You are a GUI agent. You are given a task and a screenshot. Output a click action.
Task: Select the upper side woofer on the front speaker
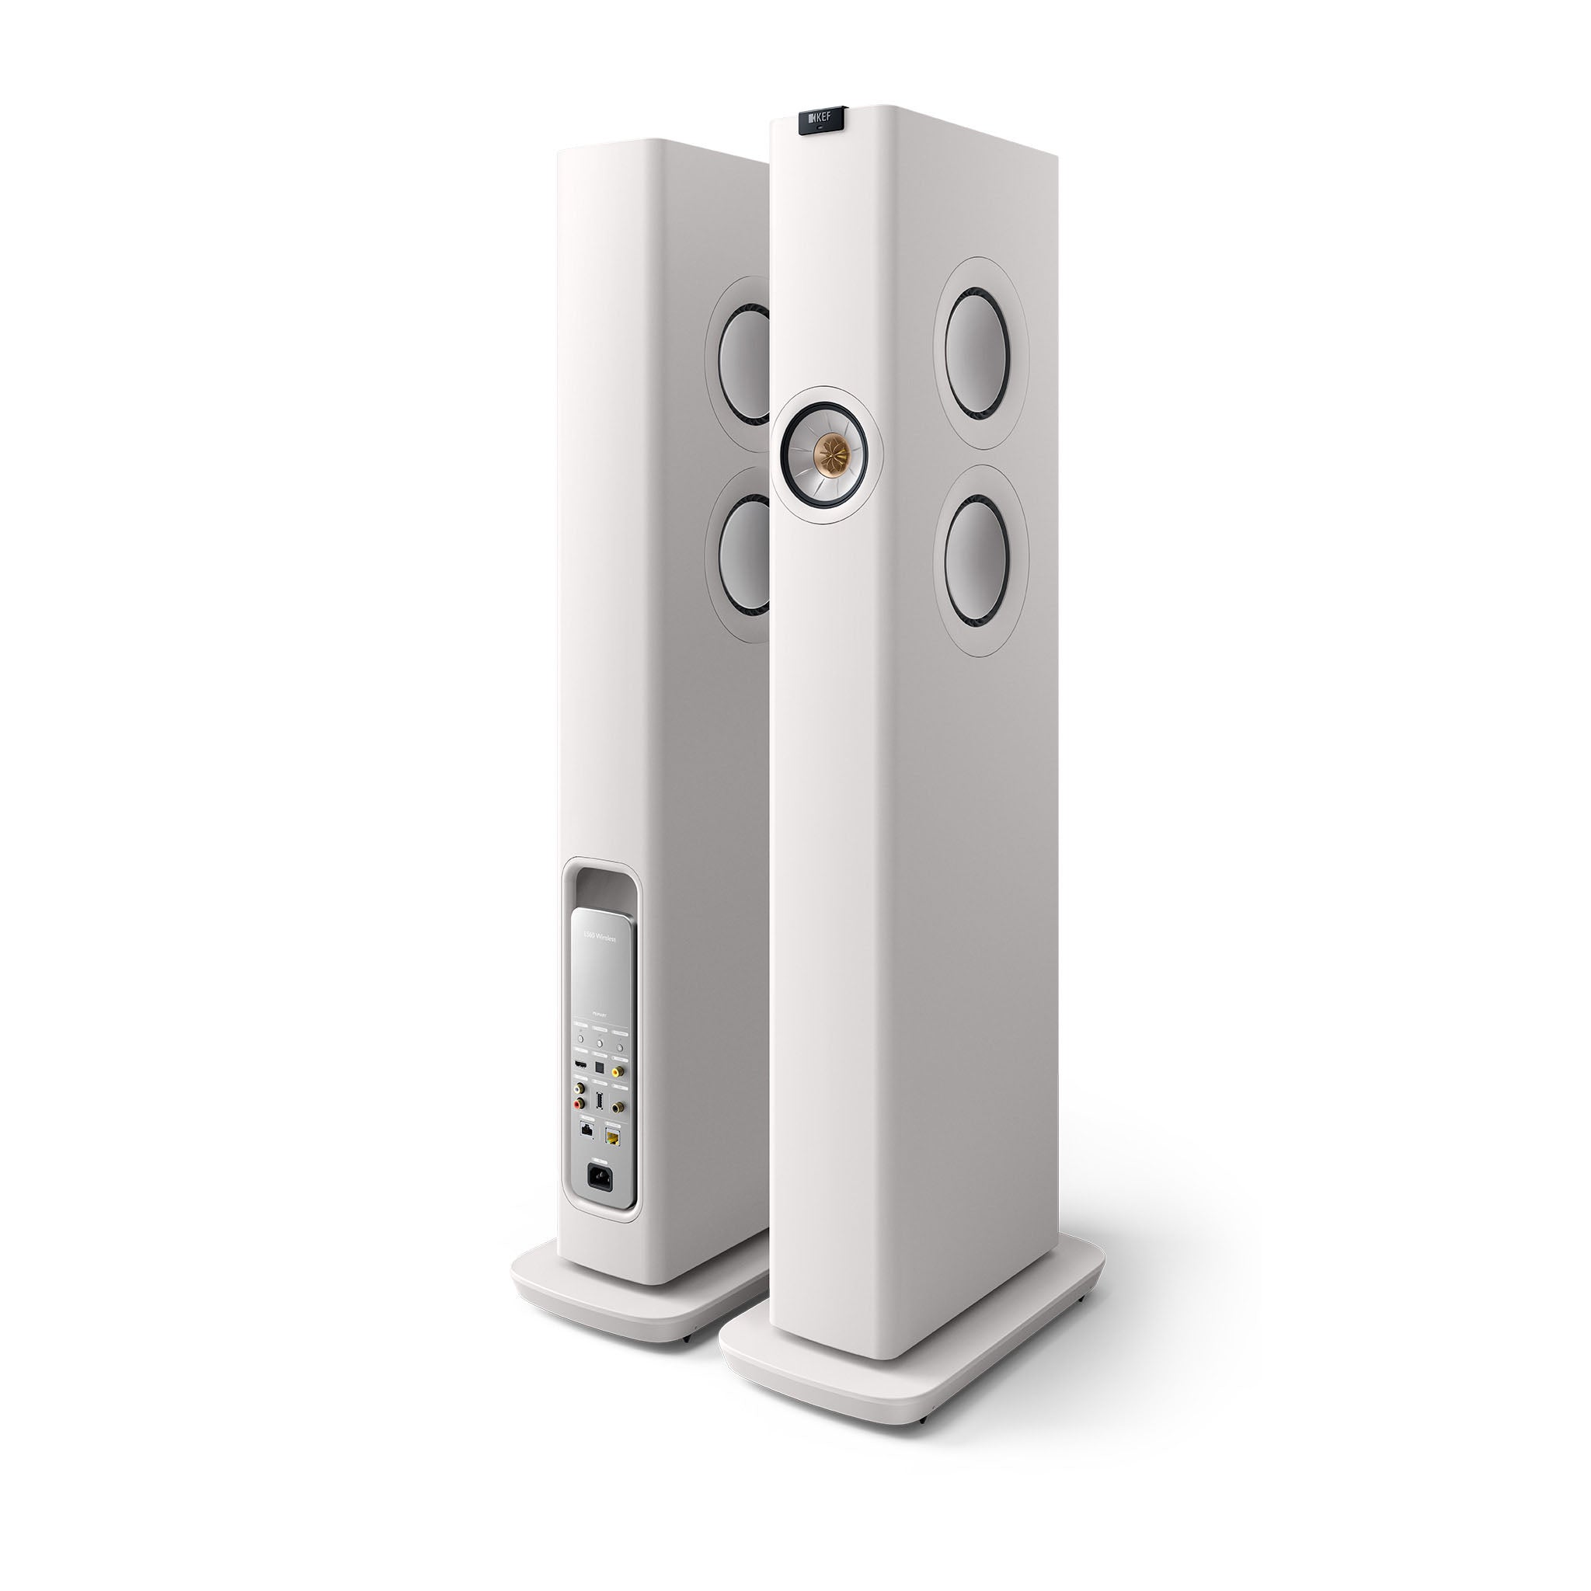979,342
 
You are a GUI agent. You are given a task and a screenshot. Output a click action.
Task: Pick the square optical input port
600,1068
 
